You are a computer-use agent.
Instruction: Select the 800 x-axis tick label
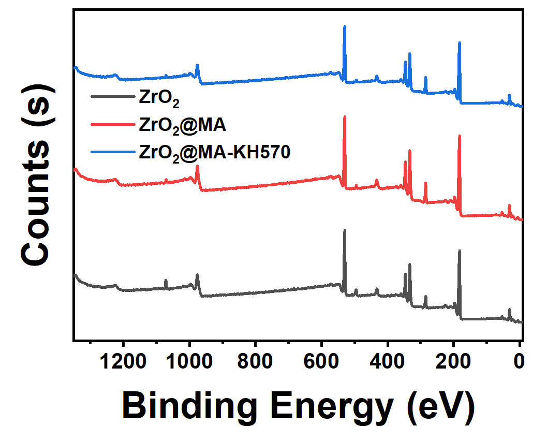point(255,360)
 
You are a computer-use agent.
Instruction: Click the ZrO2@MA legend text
point(183,125)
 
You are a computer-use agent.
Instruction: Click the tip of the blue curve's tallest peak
point(345,26)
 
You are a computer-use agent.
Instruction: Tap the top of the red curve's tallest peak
point(345,117)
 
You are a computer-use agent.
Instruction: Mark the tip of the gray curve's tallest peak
point(345,230)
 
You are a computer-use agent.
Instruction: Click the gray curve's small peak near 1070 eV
point(166,280)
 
